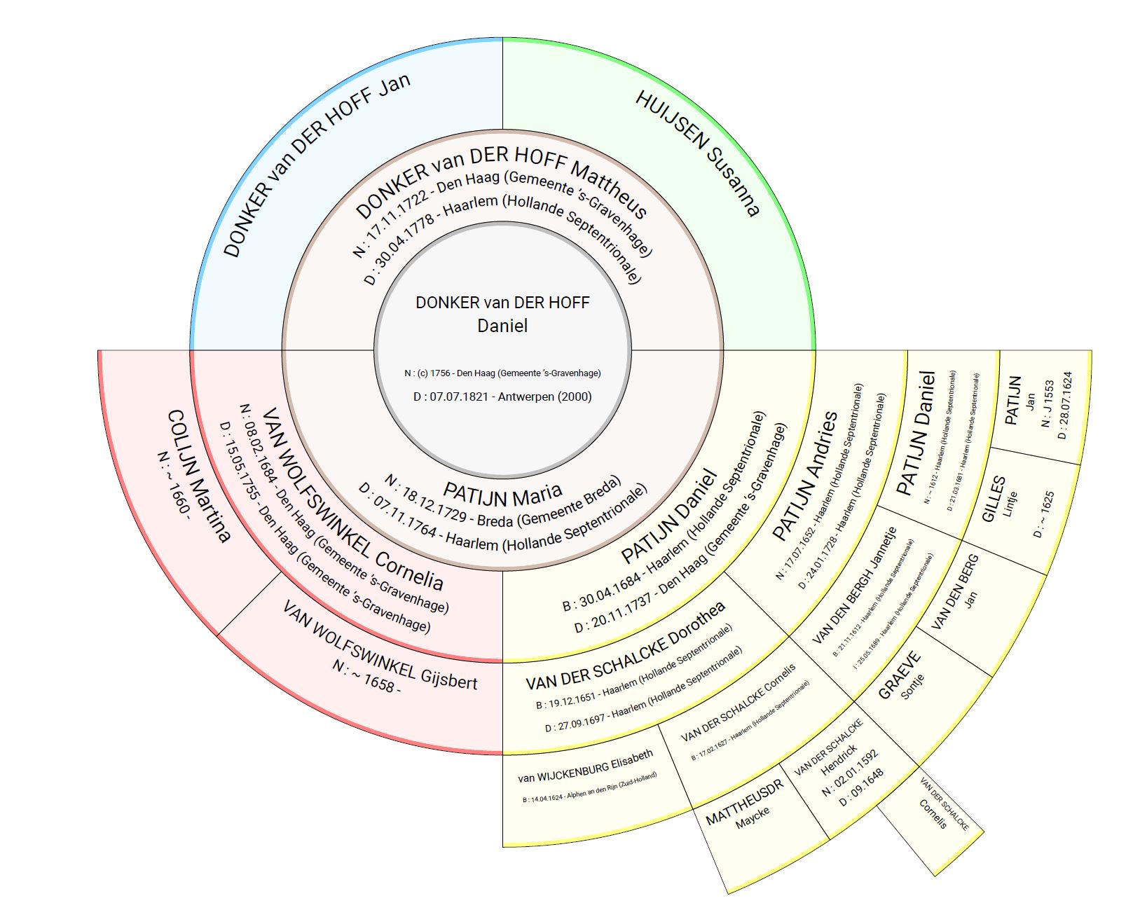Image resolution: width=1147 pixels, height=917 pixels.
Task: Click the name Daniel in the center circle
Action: [502, 326]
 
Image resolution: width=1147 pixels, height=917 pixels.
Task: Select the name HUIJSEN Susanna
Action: [697, 153]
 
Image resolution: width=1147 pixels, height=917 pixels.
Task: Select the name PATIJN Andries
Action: [805, 476]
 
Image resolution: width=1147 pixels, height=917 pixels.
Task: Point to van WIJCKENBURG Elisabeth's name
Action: [586, 765]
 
